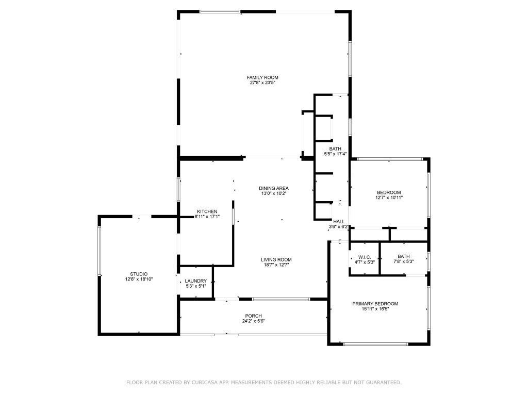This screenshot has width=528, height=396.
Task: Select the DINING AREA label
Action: click(x=273, y=188)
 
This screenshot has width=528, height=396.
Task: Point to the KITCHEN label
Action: click(x=207, y=211)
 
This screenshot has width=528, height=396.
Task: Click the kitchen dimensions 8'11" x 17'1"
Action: click(x=207, y=217)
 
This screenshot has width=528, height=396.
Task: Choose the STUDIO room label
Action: click(x=139, y=274)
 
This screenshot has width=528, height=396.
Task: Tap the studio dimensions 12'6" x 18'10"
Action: click(x=139, y=279)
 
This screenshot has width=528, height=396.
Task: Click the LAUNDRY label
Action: click(x=195, y=281)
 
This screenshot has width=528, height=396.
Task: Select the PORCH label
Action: click(x=253, y=316)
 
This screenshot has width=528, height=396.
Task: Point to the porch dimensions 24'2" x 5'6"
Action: click(x=253, y=321)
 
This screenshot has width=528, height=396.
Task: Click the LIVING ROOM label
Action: click(x=276, y=259)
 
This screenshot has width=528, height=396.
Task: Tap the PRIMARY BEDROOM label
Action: click(x=375, y=304)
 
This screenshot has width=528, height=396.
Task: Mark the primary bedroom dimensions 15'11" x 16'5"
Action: click(x=375, y=309)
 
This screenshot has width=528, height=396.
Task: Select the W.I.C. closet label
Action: click(x=365, y=257)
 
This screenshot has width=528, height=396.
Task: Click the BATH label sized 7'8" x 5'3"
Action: click(x=403, y=256)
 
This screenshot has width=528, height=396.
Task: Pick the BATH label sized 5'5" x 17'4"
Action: click(x=335, y=148)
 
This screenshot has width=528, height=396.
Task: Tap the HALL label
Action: click(x=339, y=221)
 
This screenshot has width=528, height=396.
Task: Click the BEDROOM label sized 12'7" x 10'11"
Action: click(x=389, y=192)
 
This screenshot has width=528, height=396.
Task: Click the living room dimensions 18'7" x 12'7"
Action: click(x=276, y=265)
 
